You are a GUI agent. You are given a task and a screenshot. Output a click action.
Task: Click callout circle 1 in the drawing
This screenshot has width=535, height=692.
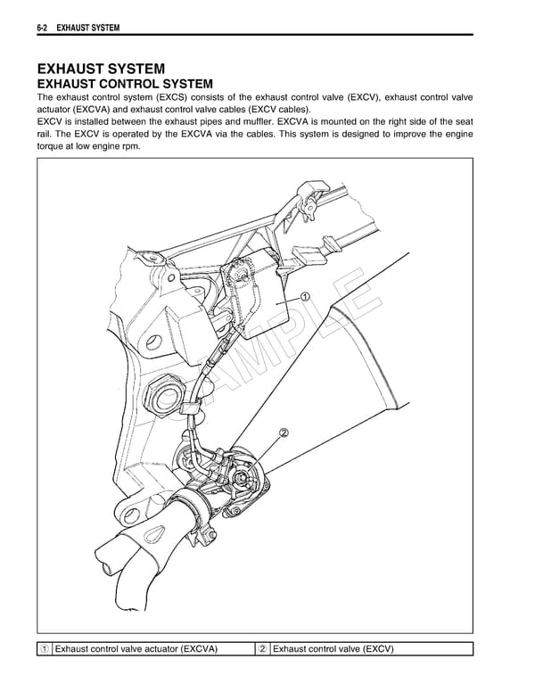click(305, 297)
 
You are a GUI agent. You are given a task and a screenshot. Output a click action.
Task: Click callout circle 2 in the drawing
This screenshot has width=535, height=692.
click(284, 433)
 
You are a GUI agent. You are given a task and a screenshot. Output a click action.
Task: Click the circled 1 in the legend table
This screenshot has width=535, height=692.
click(44, 649)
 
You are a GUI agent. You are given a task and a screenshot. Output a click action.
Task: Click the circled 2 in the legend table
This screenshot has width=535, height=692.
click(262, 649)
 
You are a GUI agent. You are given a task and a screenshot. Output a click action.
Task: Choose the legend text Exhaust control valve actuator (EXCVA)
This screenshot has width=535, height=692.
click(136, 649)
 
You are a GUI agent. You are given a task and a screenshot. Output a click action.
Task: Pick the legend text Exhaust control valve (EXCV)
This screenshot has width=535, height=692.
click(333, 649)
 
